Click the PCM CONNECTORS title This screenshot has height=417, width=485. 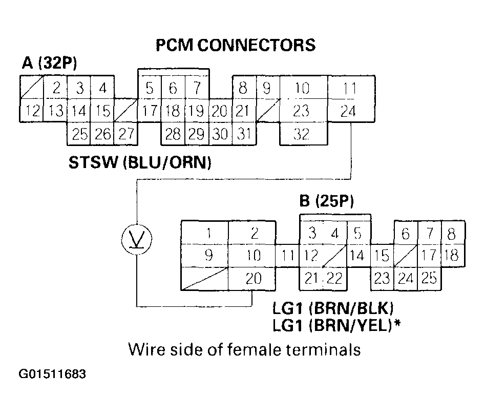tap(236, 45)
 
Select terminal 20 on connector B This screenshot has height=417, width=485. tap(254, 278)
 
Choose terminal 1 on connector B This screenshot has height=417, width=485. tap(208, 234)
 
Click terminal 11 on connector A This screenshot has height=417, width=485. tap(350, 89)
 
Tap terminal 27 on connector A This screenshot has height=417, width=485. tap(126, 134)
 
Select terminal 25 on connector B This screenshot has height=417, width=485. tap(429, 278)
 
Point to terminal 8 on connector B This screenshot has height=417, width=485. tap(451, 234)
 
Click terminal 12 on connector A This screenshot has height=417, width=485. tap(30, 111)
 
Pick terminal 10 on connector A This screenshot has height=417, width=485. tap(303, 89)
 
